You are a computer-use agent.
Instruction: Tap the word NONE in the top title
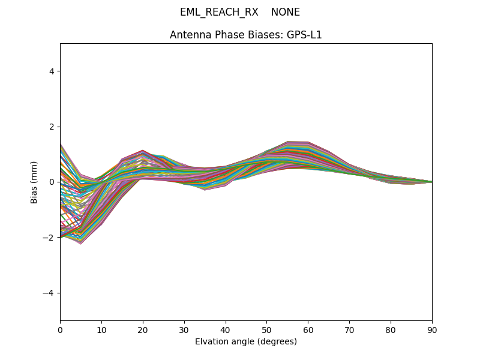pos(286,12)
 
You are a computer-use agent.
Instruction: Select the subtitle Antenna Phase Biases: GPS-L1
pos(246,35)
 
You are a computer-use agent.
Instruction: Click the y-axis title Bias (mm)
pos(34,182)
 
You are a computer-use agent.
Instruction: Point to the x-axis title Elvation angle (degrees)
pos(246,341)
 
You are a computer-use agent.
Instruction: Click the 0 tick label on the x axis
pos(60,329)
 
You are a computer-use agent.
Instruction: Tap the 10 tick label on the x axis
pos(101,329)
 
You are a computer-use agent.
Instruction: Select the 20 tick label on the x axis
pos(143,329)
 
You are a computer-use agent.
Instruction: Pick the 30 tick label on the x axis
pos(184,329)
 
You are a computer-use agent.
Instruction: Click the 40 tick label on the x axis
pos(226,329)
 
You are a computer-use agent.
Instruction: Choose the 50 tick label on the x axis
pos(266,329)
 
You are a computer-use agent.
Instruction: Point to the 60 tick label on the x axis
pos(308,329)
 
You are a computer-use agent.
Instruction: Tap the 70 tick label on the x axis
pos(349,329)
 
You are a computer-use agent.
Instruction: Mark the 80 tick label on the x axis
pos(391,329)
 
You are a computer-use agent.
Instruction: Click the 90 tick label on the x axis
pos(432,329)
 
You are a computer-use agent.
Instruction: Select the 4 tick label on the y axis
pos(52,71)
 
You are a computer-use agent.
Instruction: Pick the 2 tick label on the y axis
pos(52,127)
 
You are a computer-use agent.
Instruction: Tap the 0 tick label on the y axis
pos(52,182)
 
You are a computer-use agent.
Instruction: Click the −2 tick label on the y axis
pos(49,237)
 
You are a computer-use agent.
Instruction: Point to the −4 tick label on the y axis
pos(49,293)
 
